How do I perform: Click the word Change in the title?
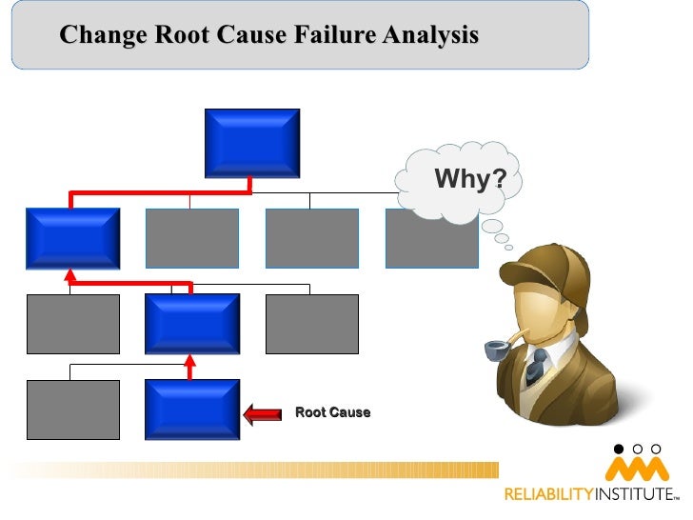(102, 37)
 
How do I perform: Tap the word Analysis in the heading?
(428, 37)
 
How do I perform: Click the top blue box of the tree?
(252, 142)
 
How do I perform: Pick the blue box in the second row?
(72, 238)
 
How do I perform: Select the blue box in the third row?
(192, 324)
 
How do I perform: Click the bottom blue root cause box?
(192, 410)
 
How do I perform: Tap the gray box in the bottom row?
(72, 410)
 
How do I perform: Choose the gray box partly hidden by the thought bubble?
(428, 243)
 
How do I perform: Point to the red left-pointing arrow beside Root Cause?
(263, 413)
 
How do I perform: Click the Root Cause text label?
(332, 412)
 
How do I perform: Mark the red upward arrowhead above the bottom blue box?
(190, 362)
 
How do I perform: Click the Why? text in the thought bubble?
(469, 179)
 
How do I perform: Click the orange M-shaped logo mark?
(637, 470)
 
